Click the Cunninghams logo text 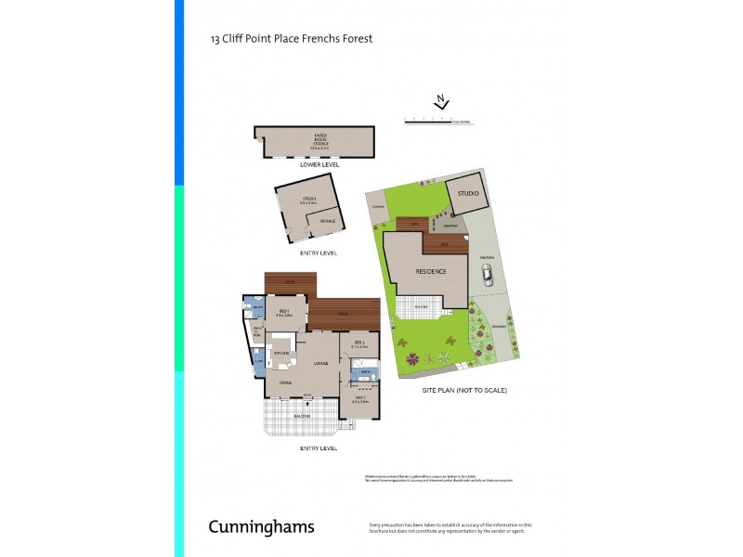(261, 527)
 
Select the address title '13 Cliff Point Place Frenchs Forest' (292, 39)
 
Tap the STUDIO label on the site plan (467, 193)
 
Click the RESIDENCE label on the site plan (430, 272)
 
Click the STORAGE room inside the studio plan (328, 221)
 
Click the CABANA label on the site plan (377, 208)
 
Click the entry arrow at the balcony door (306, 405)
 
